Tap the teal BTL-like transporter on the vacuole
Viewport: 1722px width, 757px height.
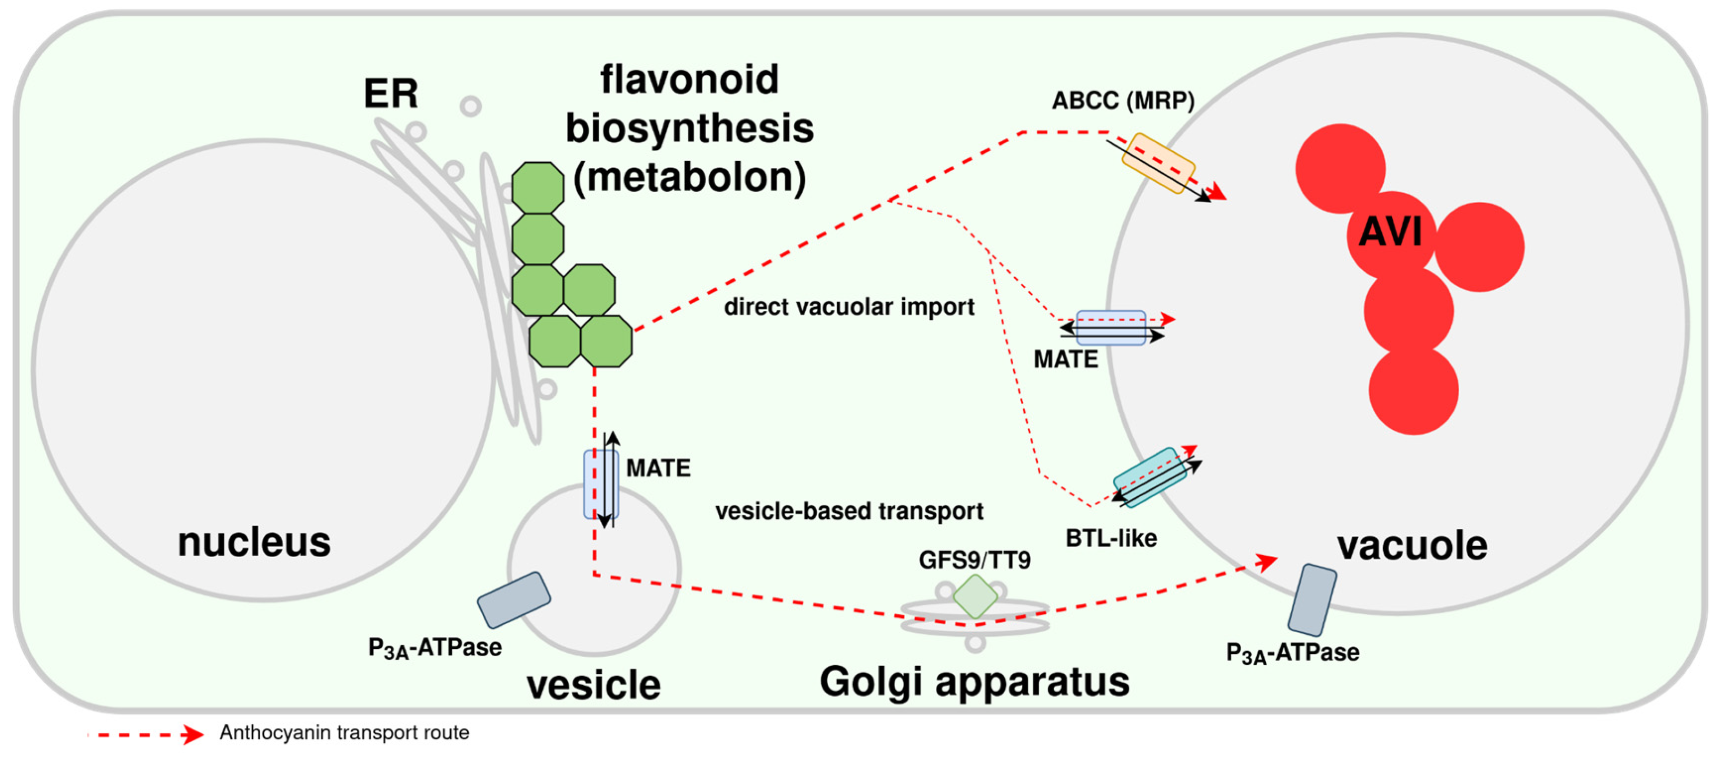pos(1150,477)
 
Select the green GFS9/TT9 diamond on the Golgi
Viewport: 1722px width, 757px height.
pos(975,595)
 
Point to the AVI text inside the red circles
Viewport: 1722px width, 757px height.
pos(1390,232)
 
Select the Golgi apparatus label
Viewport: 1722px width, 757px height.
pos(974,681)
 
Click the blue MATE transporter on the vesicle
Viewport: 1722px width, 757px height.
pos(600,484)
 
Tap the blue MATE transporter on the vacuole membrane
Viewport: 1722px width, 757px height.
pos(1110,328)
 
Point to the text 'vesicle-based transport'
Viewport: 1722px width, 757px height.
pos(848,511)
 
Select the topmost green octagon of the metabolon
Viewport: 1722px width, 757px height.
pos(538,188)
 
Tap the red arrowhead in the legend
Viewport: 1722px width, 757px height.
pos(193,734)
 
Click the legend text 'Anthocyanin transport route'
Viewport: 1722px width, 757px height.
pos(344,732)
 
